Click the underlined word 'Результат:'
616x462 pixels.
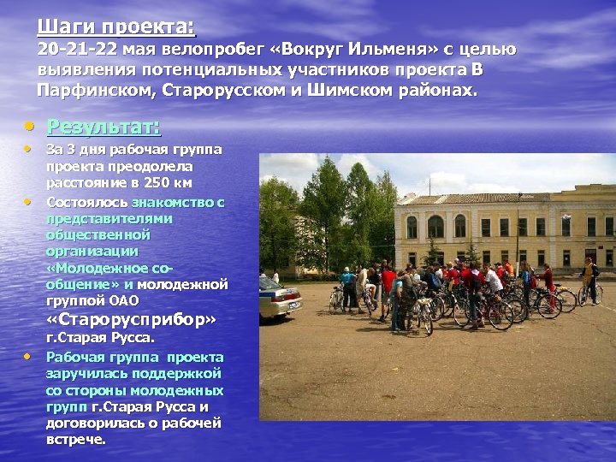tap(104, 127)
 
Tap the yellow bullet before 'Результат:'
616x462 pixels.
tap(29, 127)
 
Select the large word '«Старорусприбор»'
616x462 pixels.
tap(130, 320)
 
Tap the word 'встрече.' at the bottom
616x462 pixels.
tap(76, 440)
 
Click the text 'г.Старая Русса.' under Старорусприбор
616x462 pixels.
tap(101, 340)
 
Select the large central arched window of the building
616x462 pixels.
tap(435, 227)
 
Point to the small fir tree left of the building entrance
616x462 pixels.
tap(431, 253)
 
